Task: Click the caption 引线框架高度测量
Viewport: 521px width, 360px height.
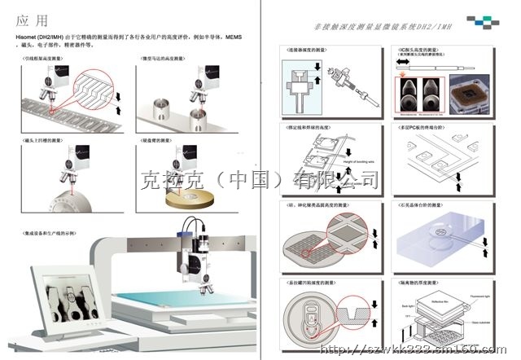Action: click(x=45, y=59)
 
